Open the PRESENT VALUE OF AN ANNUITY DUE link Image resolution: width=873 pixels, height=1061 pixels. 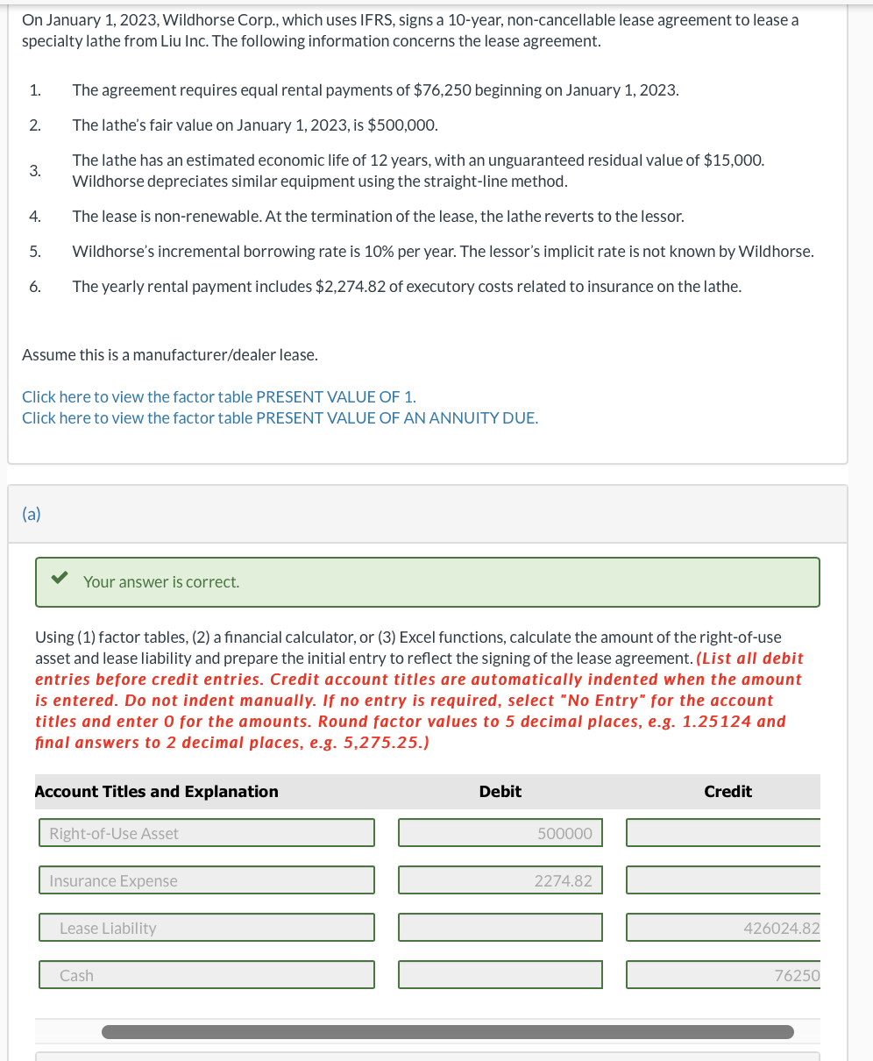(x=396, y=418)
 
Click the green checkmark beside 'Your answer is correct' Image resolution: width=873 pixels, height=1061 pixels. (x=60, y=579)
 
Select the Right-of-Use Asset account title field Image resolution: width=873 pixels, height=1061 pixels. (x=206, y=833)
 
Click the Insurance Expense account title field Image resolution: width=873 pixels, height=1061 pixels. (x=206, y=880)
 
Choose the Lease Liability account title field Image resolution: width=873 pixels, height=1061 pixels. (x=206, y=928)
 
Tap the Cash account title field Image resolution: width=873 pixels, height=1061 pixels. (x=206, y=975)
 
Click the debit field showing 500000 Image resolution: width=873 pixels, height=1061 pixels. (x=500, y=833)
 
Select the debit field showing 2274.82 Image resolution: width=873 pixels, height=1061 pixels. (x=500, y=880)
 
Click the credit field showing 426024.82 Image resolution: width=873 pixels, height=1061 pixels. (x=723, y=928)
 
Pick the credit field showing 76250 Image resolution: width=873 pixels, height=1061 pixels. (x=723, y=975)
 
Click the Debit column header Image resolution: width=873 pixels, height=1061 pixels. (x=500, y=792)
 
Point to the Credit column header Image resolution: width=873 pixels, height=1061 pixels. (x=727, y=792)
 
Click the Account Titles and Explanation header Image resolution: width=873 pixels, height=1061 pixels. (x=156, y=792)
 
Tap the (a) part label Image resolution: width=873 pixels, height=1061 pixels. (x=32, y=515)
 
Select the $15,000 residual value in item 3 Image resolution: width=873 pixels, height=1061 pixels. (x=734, y=160)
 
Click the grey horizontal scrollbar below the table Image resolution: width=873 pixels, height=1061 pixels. (x=447, y=1032)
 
